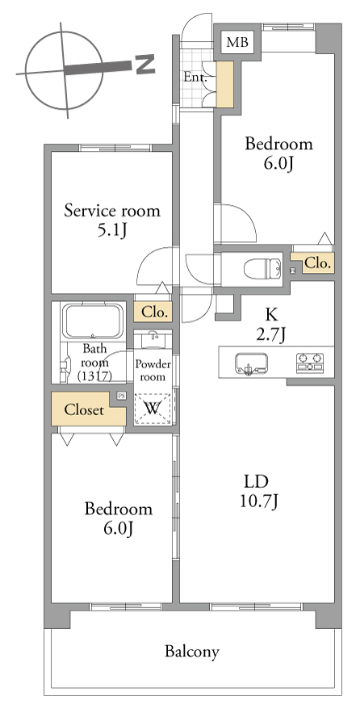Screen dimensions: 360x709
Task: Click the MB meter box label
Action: pos(237,43)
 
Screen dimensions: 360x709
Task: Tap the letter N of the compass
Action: pos(145,65)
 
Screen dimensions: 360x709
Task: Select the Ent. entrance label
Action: pos(195,77)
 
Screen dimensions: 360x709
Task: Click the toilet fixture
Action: pos(263,270)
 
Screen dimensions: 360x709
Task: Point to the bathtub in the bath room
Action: pos(93,321)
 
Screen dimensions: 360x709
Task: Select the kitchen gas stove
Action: pos(310,363)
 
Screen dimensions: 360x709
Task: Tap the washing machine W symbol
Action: pos(153,409)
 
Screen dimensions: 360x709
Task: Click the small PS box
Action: pos(121,396)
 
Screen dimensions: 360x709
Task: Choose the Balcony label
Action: pos(192,652)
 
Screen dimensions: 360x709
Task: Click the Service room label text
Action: pos(112,211)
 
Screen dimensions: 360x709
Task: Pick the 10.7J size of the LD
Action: pos(258,501)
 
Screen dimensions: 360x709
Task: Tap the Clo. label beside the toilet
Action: pos(319,263)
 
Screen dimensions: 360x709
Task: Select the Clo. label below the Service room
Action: pos(155,312)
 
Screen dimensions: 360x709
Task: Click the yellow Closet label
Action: pos(84,410)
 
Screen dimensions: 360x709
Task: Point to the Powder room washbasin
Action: pos(153,338)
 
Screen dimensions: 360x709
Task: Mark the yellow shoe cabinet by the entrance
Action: pos(225,85)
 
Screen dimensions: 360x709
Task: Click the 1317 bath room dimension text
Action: pos(94,375)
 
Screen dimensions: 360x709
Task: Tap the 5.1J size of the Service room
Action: pos(112,232)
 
